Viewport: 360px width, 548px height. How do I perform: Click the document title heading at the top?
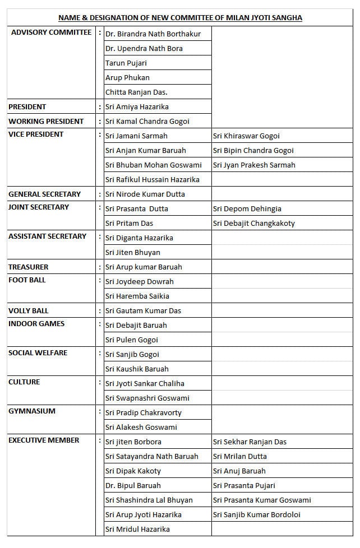(x=180, y=18)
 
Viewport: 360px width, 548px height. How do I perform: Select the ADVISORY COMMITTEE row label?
(x=51, y=32)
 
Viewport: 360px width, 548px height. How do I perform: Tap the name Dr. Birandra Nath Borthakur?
(x=153, y=34)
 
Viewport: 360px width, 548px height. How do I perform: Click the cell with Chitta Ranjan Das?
(x=136, y=92)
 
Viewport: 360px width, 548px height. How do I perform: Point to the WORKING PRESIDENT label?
(x=46, y=121)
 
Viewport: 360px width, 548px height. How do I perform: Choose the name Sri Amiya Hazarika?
(x=137, y=106)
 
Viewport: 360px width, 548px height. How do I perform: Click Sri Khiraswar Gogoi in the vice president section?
(x=246, y=136)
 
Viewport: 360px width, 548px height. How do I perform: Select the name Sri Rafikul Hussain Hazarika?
(x=153, y=179)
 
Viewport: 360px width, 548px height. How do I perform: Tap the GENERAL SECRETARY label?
(x=44, y=194)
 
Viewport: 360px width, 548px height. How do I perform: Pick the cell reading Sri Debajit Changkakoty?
(x=254, y=223)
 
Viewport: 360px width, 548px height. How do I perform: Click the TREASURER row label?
(x=29, y=267)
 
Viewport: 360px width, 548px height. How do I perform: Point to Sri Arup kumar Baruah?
(x=144, y=267)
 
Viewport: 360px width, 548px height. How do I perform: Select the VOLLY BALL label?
(x=29, y=310)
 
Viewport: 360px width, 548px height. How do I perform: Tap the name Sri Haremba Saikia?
(x=137, y=296)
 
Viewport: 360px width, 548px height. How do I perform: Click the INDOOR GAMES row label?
(x=36, y=323)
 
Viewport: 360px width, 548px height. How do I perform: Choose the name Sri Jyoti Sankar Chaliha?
(x=145, y=383)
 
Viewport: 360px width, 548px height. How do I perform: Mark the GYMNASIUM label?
(x=32, y=411)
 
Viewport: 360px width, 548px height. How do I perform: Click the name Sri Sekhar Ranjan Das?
(x=250, y=442)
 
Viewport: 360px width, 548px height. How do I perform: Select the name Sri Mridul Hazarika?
(x=137, y=529)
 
